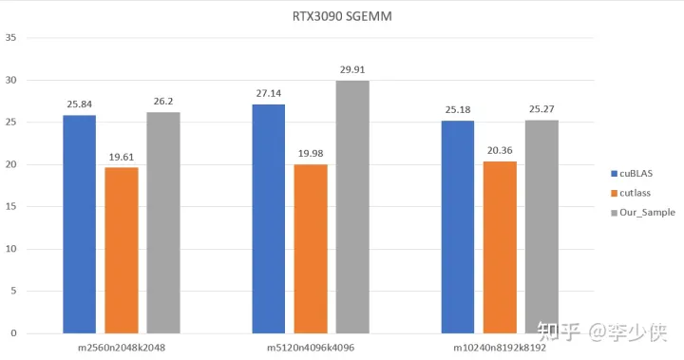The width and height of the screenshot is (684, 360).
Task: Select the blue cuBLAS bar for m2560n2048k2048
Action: pyautogui.click(x=80, y=224)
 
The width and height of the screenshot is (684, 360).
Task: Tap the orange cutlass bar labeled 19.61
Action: pyautogui.click(x=122, y=250)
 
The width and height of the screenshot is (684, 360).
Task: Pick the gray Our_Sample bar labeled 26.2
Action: pyautogui.click(x=162, y=222)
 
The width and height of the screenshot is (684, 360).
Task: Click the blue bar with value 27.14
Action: pyautogui.click(x=269, y=218)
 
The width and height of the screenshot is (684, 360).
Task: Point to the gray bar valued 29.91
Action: pyautogui.click(x=352, y=207)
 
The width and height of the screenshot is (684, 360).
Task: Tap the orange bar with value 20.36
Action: pyautogui.click(x=500, y=247)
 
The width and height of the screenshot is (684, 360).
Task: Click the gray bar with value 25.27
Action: pyautogui.click(x=541, y=226)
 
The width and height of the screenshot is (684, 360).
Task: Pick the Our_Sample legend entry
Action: pyautogui.click(x=647, y=213)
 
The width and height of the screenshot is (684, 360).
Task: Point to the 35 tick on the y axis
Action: pyautogui.click(x=10, y=38)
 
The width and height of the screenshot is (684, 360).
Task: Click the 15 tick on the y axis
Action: pyautogui.click(x=10, y=207)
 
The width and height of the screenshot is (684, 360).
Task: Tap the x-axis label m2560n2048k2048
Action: pyautogui.click(x=122, y=348)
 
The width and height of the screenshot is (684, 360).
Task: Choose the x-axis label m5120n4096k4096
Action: pyautogui.click(x=311, y=348)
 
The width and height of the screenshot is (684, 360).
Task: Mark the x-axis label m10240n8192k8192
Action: pyautogui.click(x=499, y=348)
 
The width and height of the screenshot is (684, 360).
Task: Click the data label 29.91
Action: pyautogui.click(x=352, y=69)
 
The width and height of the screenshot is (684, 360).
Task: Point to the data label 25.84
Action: pyautogui.click(x=80, y=104)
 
